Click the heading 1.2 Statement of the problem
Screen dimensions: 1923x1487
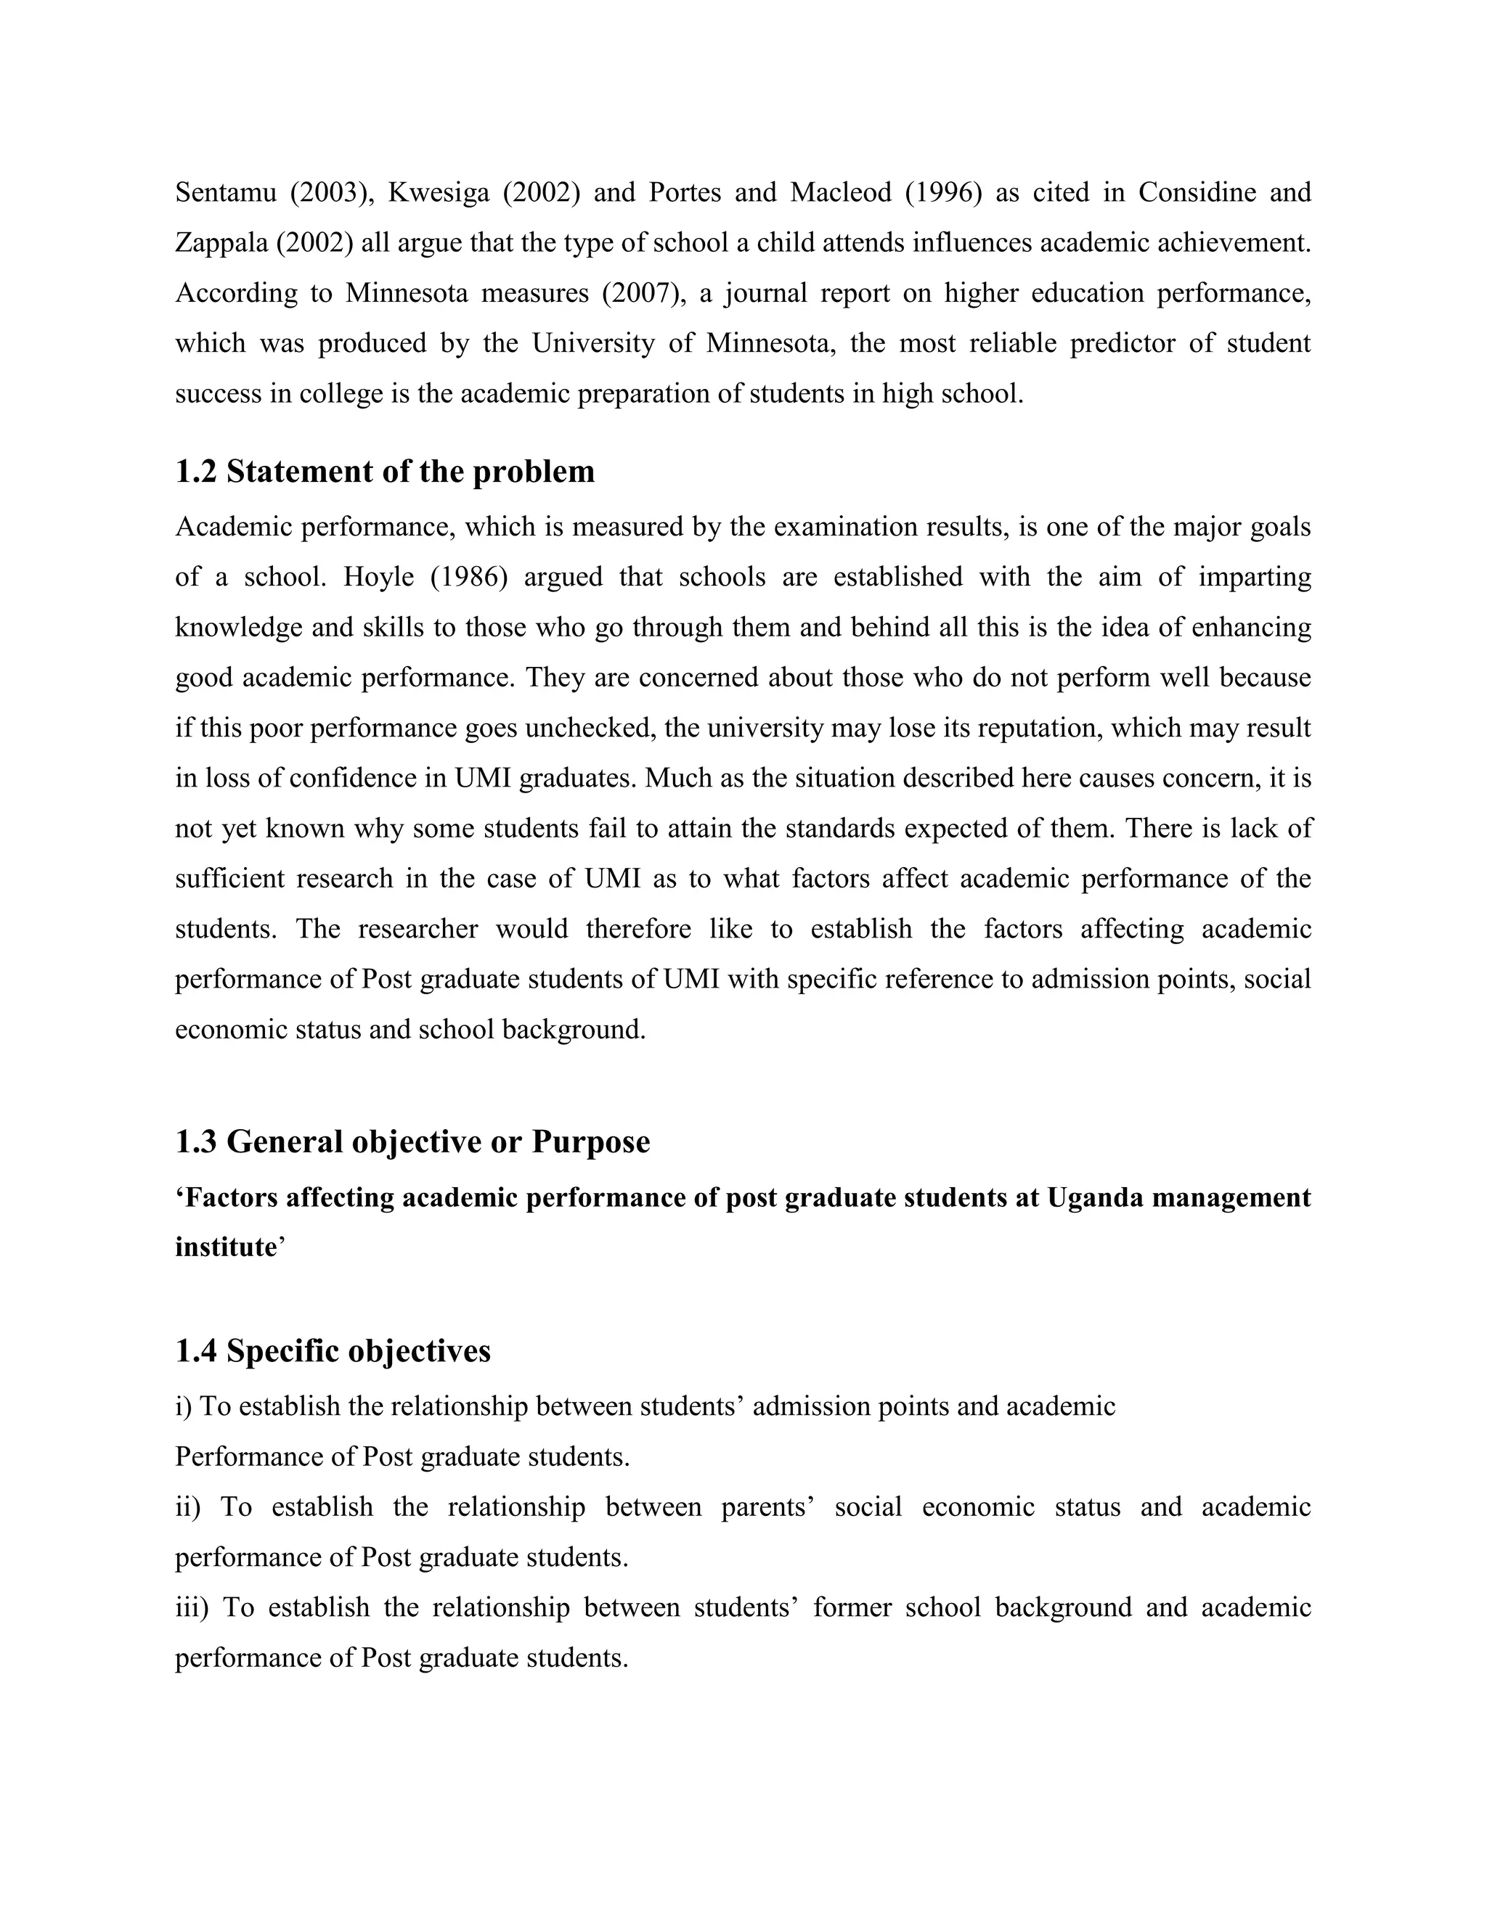click(x=385, y=472)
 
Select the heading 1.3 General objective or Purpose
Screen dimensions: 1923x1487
click(x=412, y=1142)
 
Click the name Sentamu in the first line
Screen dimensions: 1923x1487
click(x=226, y=192)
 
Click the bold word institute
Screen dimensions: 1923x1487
click(x=226, y=1247)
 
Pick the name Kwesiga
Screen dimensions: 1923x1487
click(x=438, y=192)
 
